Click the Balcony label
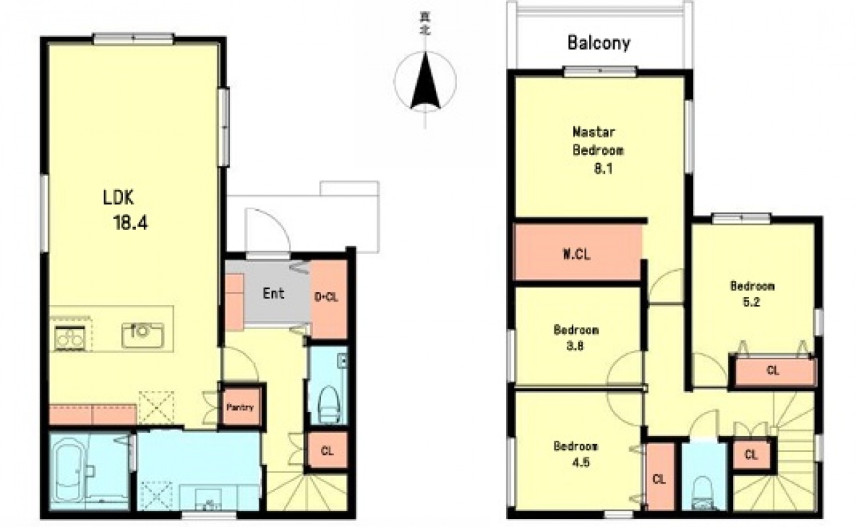pos(599,43)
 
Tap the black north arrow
pos(425,81)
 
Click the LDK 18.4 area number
pos(130,223)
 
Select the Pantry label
pos(240,407)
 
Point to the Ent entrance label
pos(274,294)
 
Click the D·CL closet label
pos(326,297)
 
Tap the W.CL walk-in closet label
pos(577,254)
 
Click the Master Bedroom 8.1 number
pos(603,169)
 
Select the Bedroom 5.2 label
pos(752,294)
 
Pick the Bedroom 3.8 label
pos(576,338)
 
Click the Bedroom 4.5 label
pos(576,454)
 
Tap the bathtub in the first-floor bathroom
pos(68,473)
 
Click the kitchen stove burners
pos(70,338)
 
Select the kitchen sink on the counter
pos(142,335)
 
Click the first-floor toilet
pos(328,405)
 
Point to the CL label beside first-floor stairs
pos(327,451)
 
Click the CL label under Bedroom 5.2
pos(772,371)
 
